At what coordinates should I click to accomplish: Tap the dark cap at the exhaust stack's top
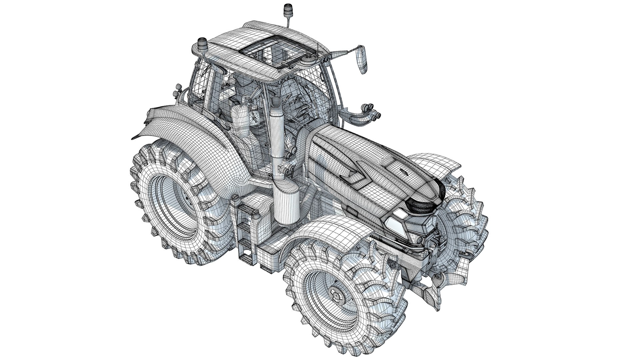276,101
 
